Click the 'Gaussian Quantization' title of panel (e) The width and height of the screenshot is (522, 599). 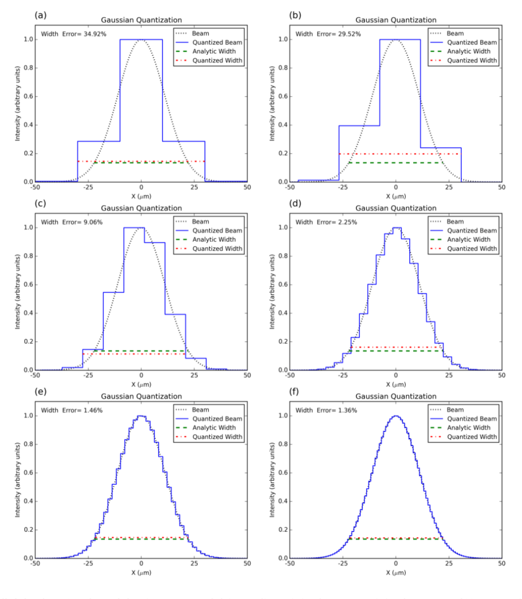click(141, 396)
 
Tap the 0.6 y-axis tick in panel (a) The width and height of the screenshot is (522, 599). click(27, 96)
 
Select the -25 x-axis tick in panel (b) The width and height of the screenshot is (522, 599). click(342, 186)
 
